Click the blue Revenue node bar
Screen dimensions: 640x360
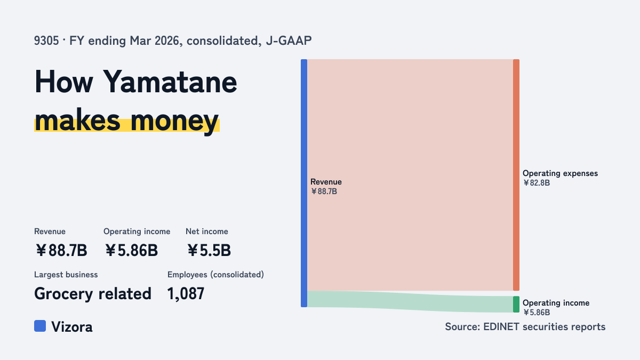pos(304,183)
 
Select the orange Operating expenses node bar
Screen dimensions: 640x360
pos(516,175)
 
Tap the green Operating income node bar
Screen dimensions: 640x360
pos(516,305)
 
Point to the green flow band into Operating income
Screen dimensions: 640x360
pos(410,302)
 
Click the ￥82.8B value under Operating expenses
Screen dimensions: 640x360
pos(537,183)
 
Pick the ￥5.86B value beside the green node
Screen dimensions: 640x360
pos(537,313)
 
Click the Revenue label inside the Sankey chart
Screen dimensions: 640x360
pos(326,182)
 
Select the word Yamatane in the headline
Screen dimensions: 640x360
pos(170,82)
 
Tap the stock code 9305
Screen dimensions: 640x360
pos(46,41)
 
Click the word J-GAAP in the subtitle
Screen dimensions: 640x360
pos(289,41)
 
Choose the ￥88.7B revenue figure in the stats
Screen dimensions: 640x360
pos(61,250)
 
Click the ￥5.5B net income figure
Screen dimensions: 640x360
pos(209,250)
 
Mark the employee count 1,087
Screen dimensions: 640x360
pos(186,293)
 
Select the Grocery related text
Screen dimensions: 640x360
pos(93,294)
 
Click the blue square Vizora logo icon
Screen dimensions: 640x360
pos(40,326)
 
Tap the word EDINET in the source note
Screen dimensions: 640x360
pos(501,326)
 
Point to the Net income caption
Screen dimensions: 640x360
pos(207,231)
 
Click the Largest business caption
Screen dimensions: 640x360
pos(66,275)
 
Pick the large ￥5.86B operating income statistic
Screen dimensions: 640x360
pos(131,250)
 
